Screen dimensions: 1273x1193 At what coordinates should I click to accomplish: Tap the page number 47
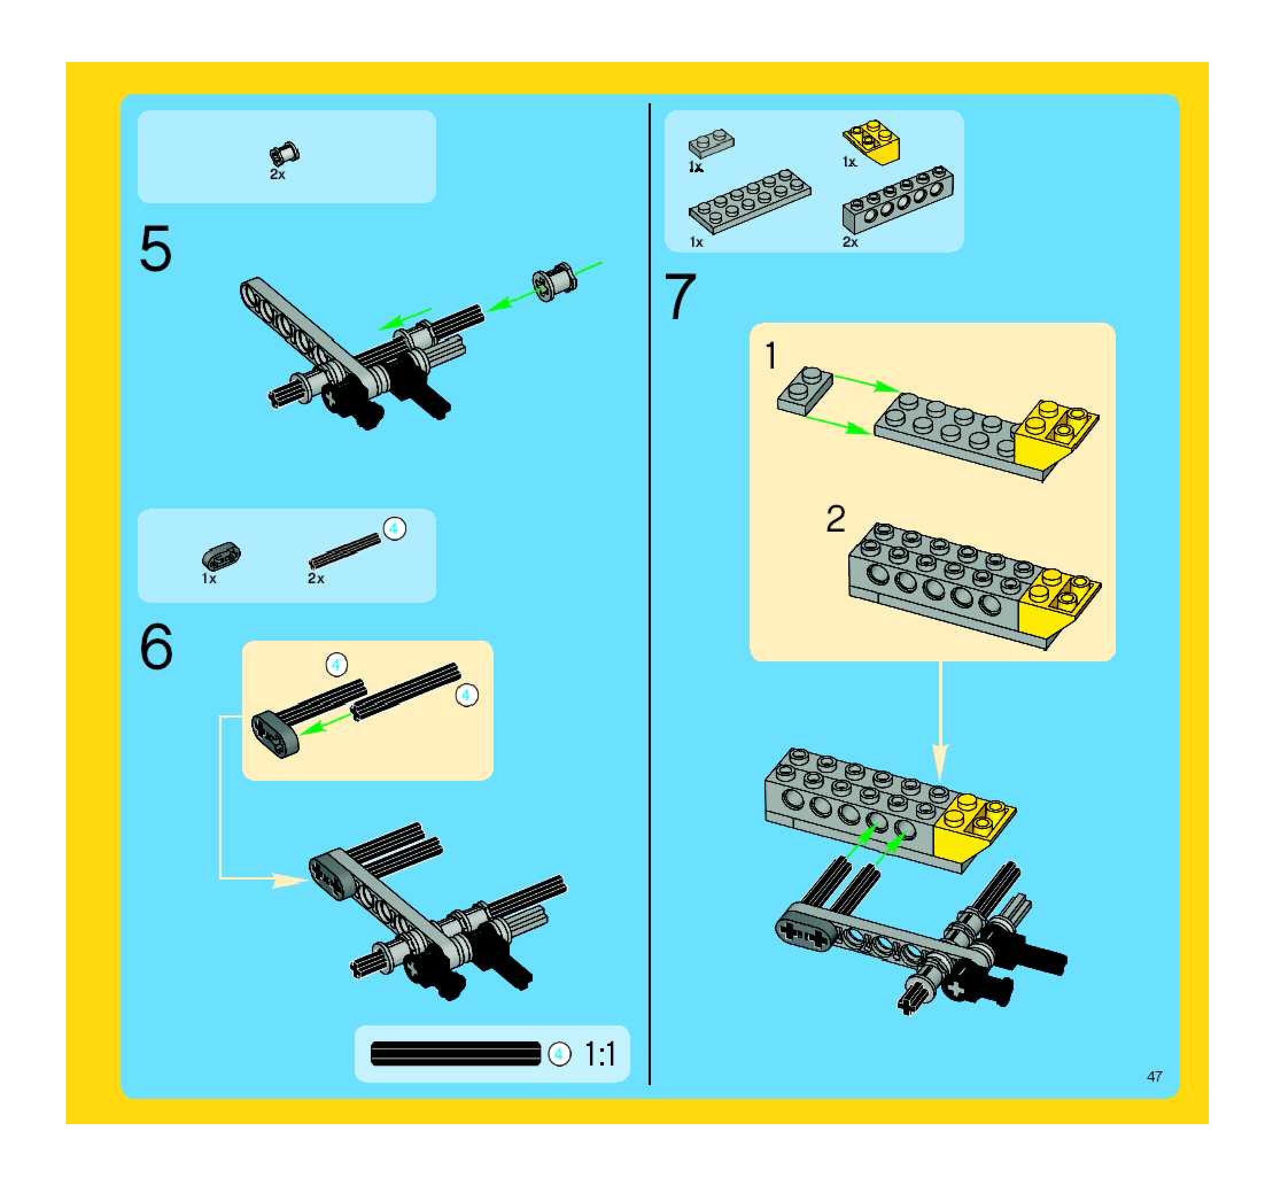1155,1076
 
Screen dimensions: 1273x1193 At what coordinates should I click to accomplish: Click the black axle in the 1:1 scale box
455,1053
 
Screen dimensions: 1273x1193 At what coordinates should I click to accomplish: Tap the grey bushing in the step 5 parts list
285,154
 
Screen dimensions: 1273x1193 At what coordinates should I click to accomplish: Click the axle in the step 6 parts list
344,550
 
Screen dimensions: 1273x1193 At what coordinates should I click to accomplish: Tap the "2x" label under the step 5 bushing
277,174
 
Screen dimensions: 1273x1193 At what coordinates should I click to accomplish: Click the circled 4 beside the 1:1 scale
559,1053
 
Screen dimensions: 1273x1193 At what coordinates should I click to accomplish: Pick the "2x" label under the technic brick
850,242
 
